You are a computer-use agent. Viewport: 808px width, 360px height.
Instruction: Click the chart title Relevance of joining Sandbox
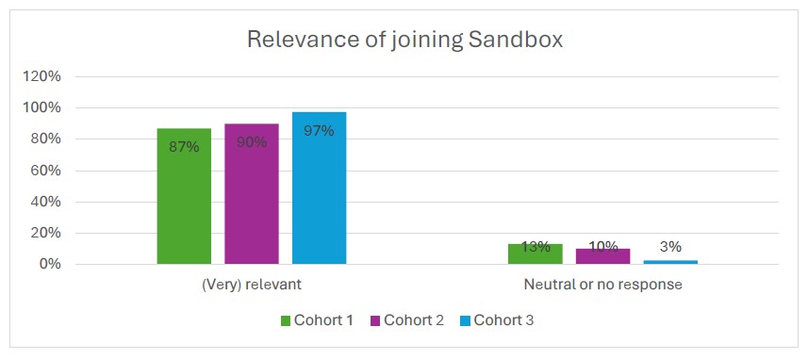[x=404, y=40]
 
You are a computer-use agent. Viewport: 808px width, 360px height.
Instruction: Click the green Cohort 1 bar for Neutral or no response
[x=535, y=254]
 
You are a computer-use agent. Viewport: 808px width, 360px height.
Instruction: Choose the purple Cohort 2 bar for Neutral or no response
[x=602, y=256]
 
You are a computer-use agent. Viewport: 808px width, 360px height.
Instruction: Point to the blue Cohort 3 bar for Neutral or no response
[x=670, y=262]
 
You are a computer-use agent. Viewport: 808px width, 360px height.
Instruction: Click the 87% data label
[x=184, y=147]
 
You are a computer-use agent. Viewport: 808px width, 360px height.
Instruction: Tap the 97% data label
[x=319, y=131]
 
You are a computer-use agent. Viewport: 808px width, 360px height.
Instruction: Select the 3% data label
[x=670, y=247]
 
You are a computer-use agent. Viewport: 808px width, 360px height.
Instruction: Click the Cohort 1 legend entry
[x=317, y=320]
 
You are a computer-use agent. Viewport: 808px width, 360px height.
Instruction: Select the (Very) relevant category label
[x=252, y=284]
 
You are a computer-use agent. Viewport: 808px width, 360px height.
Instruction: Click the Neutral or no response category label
[x=602, y=284]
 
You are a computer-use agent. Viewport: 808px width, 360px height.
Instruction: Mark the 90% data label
[x=252, y=142]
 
